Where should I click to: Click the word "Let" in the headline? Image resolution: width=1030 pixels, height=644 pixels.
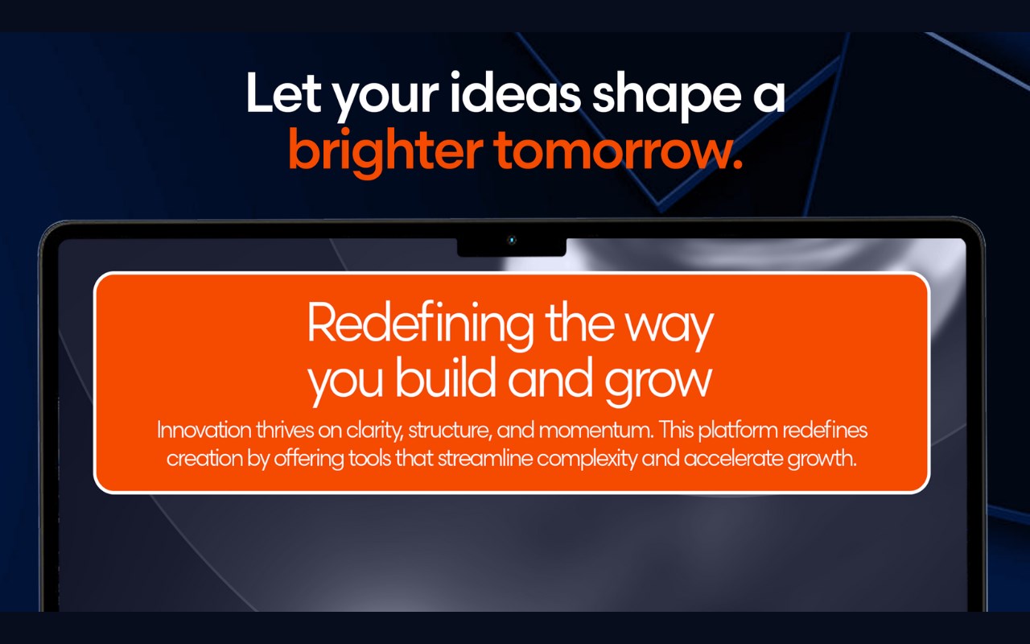click(x=283, y=93)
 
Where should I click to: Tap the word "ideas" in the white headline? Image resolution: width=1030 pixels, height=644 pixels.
click(x=516, y=92)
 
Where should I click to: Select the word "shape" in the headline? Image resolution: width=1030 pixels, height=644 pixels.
click(x=667, y=97)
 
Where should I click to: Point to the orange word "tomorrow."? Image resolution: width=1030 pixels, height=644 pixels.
click(x=619, y=152)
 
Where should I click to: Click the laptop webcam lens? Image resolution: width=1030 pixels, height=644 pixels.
click(x=512, y=240)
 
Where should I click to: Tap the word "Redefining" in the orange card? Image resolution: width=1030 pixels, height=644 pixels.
click(x=420, y=324)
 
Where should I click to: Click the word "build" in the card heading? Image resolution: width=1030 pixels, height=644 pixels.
click(x=445, y=378)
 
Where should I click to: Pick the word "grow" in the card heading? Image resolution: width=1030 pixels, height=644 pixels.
click(x=658, y=382)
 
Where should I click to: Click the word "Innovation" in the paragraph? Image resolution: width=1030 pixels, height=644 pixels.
click(x=204, y=431)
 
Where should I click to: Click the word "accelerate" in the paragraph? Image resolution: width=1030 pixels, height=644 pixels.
click(x=733, y=459)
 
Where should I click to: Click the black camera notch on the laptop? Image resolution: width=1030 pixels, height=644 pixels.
click(x=511, y=247)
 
